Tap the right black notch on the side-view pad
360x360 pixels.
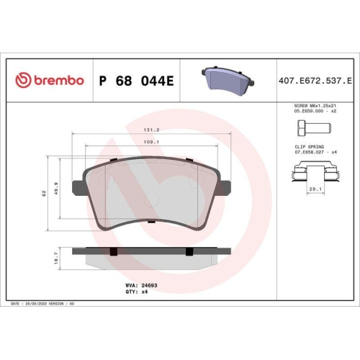[189, 251]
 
